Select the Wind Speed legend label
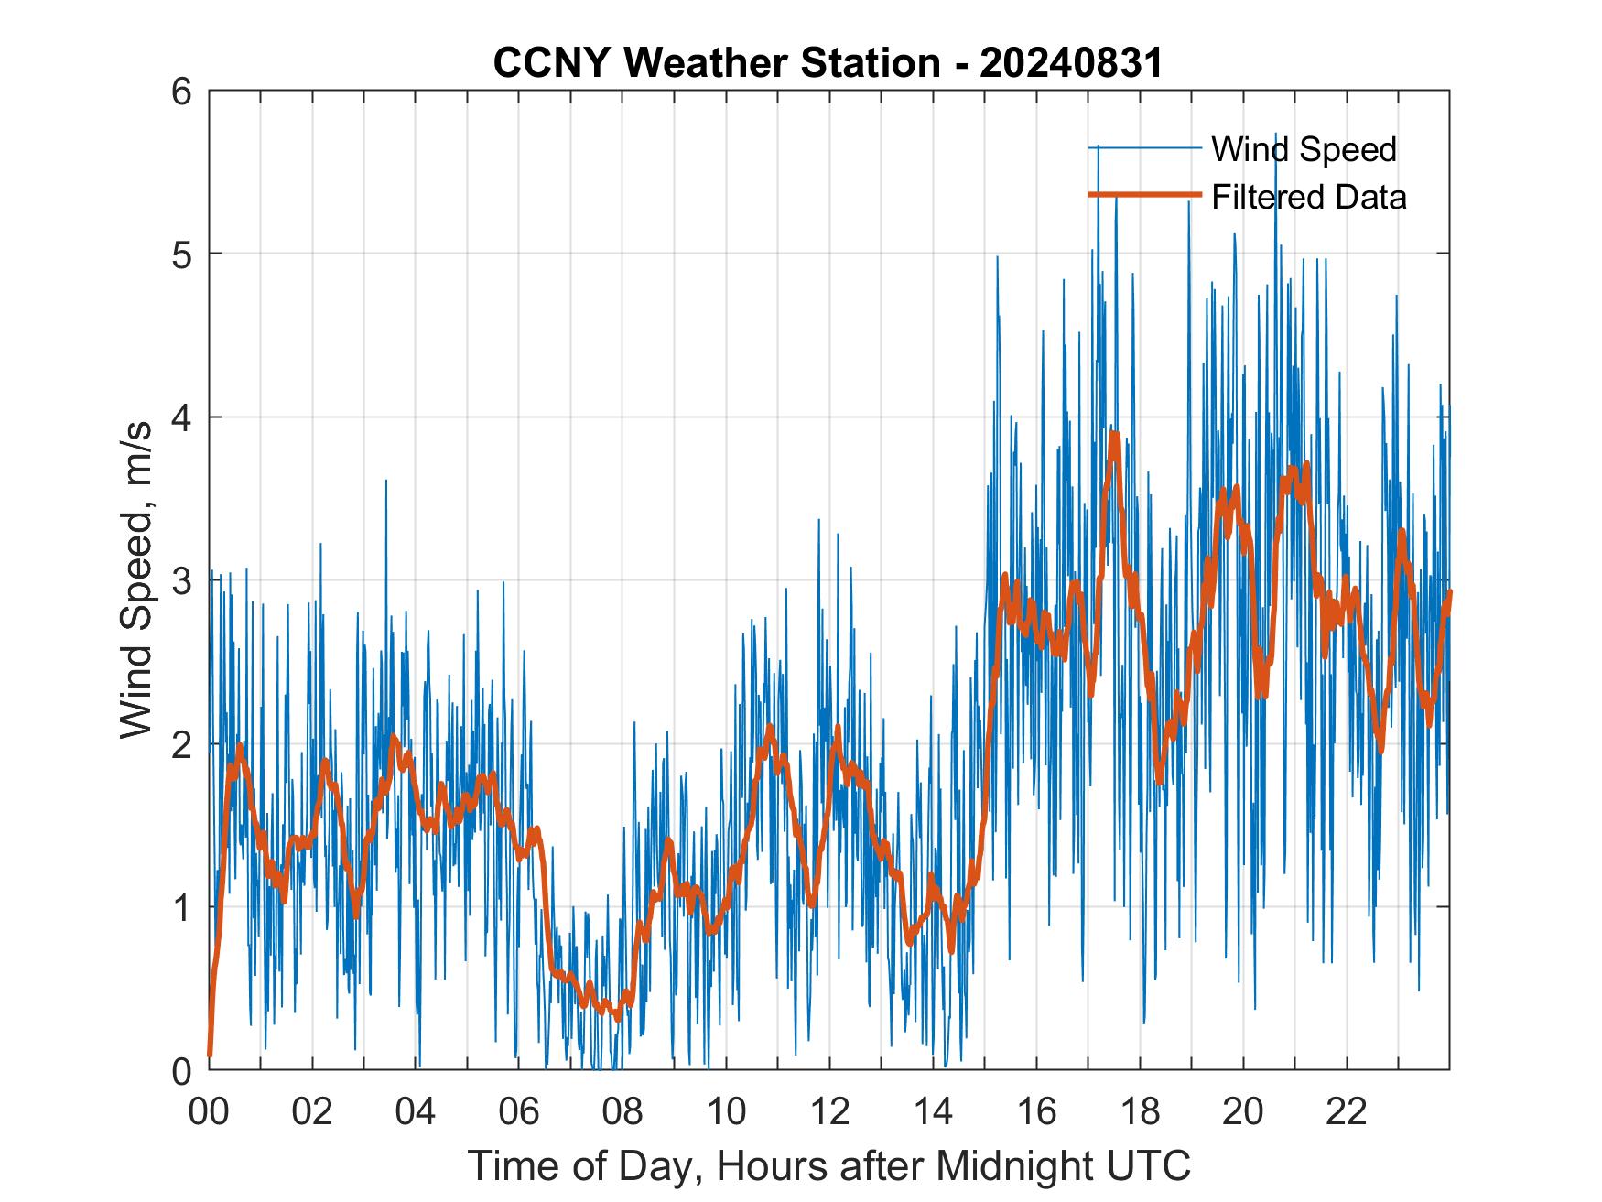(x=1304, y=149)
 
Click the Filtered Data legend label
(x=1308, y=197)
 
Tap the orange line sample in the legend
(x=1144, y=195)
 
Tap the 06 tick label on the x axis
(x=518, y=1111)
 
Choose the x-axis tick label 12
(x=828, y=1111)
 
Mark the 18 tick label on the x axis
(x=1139, y=1111)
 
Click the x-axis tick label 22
(x=1346, y=1111)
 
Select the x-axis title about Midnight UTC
(x=828, y=1165)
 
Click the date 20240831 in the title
(x=1070, y=64)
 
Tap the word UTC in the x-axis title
(x=1152, y=1165)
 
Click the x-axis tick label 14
(x=932, y=1111)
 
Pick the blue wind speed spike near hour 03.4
(x=385, y=482)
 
